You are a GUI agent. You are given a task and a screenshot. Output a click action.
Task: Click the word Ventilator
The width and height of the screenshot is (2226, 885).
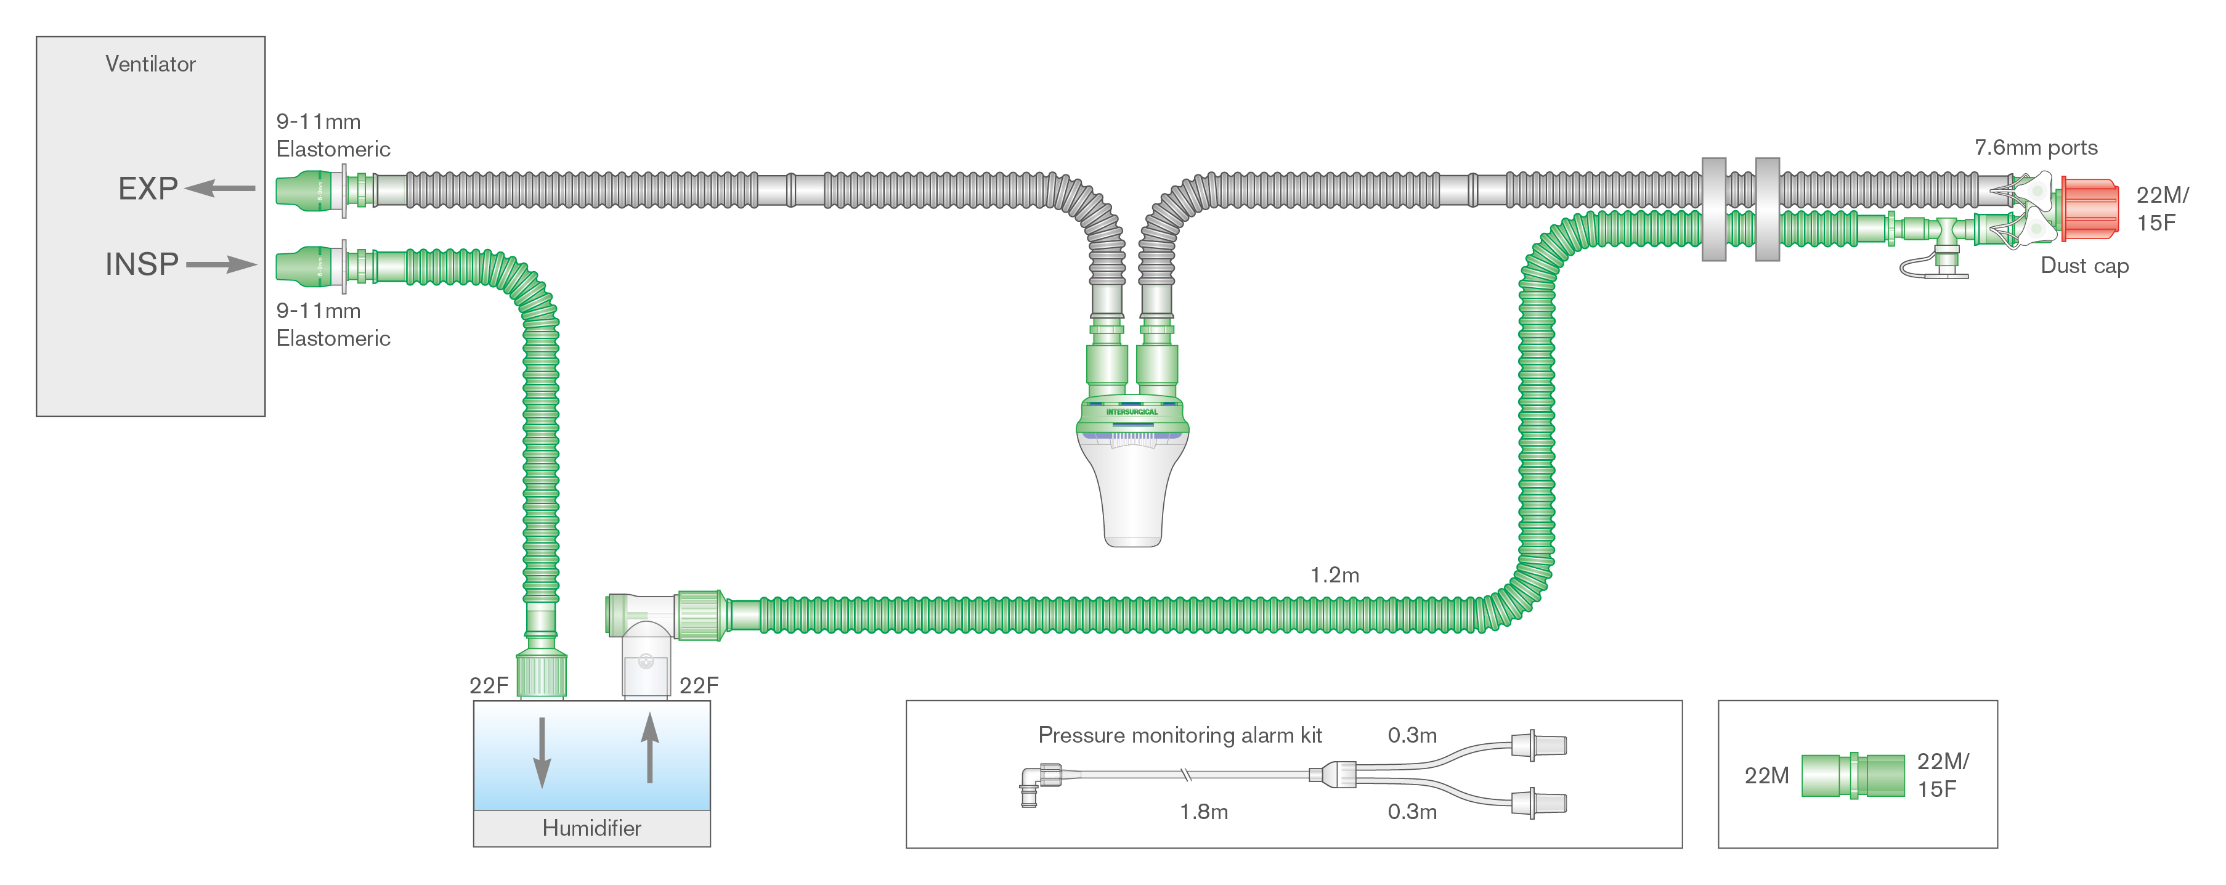(x=150, y=64)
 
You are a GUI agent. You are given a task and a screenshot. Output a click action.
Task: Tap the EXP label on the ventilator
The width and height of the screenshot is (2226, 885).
(x=148, y=189)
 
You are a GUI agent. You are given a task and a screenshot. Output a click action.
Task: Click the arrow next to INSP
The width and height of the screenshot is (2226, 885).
(x=221, y=264)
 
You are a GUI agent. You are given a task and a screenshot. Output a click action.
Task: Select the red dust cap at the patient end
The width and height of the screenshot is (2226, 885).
(x=2090, y=208)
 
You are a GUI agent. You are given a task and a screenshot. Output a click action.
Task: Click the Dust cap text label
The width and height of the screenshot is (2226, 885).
(x=2084, y=266)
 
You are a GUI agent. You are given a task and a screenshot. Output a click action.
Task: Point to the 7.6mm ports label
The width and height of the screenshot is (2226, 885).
(x=2035, y=148)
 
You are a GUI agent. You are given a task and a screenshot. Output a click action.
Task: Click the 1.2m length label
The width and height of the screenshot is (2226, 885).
(x=1334, y=575)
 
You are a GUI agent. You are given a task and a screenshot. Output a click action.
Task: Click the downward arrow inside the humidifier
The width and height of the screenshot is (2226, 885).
(x=542, y=752)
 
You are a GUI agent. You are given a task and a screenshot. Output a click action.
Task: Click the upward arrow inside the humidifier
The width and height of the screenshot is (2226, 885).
(x=650, y=748)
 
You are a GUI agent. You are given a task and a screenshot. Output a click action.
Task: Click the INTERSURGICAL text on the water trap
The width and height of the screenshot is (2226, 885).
(x=1132, y=412)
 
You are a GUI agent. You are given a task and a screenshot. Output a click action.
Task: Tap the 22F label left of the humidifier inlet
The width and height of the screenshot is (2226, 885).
(x=488, y=685)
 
